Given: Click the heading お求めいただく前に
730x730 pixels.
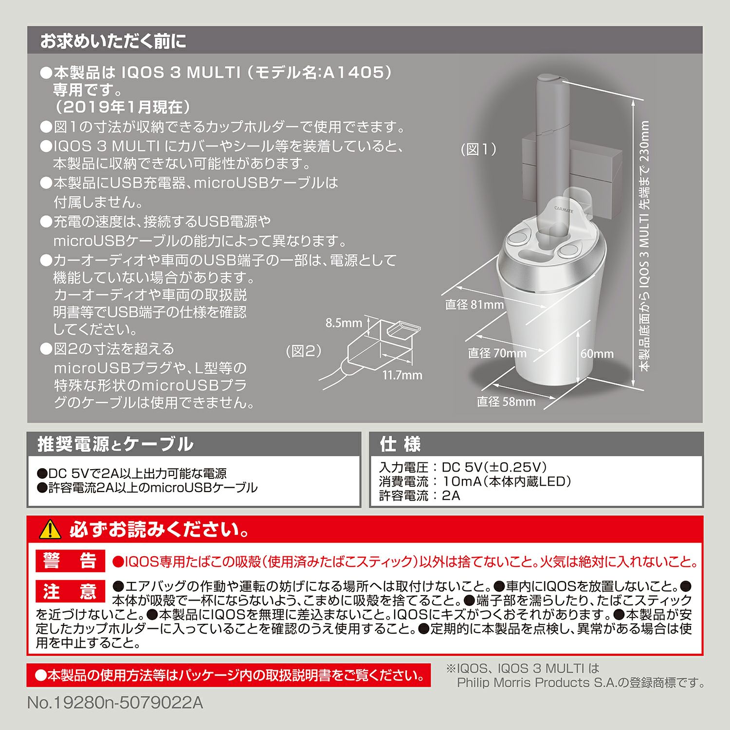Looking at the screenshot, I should click(x=113, y=41).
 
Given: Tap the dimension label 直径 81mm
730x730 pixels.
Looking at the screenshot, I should click(x=474, y=305).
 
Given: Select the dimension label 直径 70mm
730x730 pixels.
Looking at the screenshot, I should click(x=497, y=353).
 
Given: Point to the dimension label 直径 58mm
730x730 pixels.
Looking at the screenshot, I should click(x=506, y=401).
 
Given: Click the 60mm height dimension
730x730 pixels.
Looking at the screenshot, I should click(x=597, y=354).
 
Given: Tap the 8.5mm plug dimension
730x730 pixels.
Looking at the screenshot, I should click(x=344, y=323).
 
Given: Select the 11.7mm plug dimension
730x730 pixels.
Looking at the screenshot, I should click(x=402, y=375).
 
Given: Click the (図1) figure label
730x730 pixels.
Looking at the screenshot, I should click(x=478, y=149).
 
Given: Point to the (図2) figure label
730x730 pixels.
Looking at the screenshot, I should click(x=304, y=351).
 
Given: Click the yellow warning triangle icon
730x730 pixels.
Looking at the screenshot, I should click(x=50, y=529).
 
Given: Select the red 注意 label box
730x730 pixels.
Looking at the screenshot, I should click(x=70, y=591).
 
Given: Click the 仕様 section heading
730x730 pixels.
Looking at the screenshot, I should click(x=400, y=444).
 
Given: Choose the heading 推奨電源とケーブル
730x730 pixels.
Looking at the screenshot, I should click(x=115, y=444).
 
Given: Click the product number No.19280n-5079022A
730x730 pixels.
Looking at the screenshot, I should click(x=115, y=703).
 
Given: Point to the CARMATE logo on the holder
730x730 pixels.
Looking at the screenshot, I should click(x=564, y=209).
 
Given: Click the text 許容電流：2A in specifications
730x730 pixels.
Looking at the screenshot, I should click(x=419, y=496).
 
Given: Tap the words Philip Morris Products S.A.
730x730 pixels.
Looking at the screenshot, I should click(x=535, y=683).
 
